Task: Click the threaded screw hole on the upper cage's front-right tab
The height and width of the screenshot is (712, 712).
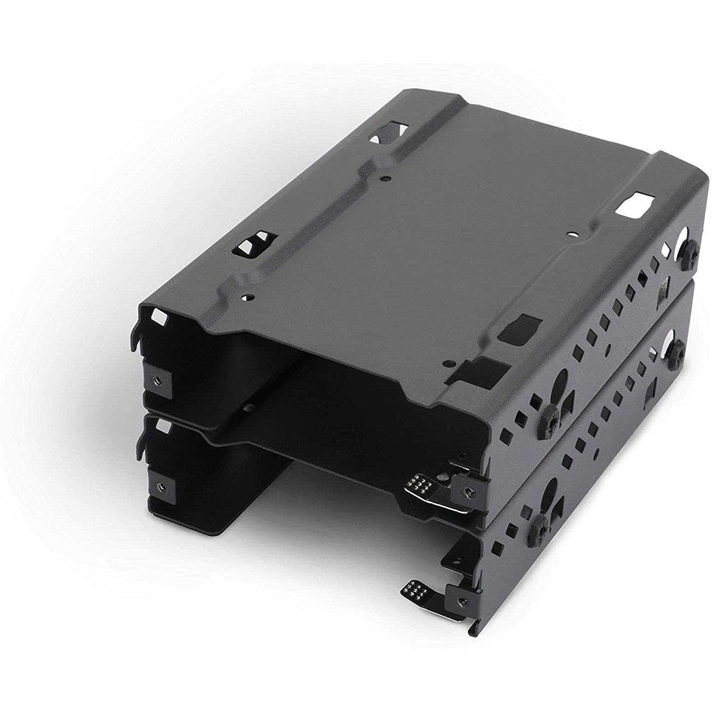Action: (x=467, y=492)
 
